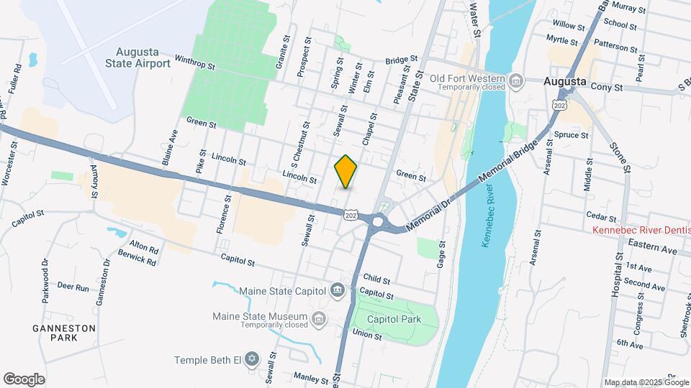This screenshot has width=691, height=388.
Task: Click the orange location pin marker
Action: click(346, 171)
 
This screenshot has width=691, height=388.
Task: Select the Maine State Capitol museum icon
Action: click(336, 291)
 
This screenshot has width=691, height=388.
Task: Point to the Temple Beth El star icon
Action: click(251, 358)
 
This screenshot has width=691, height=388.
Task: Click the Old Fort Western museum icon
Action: click(515, 80)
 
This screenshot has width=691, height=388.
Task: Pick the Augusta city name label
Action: click(565, 81)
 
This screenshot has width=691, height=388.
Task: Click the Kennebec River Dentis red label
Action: click(641, 231)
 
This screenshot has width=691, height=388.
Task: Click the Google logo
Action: click(24, 379)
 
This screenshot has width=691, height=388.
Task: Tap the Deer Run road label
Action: click(73, 288)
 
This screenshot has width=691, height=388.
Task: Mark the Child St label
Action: click(376, 279)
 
